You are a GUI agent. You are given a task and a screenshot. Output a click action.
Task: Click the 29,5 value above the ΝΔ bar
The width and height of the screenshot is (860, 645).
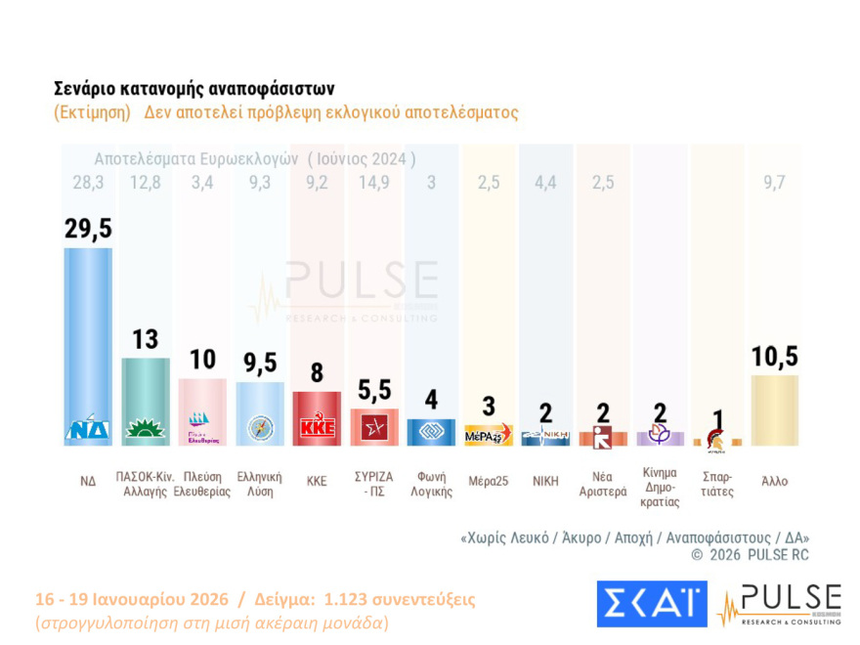pyautogui.click(x=88, y=228)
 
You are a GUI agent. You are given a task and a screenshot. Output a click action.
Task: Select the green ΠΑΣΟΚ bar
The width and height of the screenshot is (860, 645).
pyautogui.click(x=145, y=401)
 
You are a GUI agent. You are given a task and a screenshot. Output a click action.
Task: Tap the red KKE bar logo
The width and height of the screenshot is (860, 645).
pyautogui.click(x=317, y=428)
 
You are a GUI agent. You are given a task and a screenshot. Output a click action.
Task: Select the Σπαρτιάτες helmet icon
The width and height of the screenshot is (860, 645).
pyautogui.click(x=716, y=438)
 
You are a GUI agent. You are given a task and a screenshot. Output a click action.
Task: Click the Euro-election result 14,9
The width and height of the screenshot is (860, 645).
pyautogui.click(x=373, y=183)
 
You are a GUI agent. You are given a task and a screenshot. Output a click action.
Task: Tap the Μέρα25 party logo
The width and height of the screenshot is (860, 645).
pyautogui.click(x=489, y=434)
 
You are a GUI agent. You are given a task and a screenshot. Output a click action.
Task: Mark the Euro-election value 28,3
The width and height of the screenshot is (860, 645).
pyautogui.click(x=88, y=183)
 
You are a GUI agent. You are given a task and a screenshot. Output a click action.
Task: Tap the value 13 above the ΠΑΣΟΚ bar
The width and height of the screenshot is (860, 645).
pyautogui.click(x=145, y=339)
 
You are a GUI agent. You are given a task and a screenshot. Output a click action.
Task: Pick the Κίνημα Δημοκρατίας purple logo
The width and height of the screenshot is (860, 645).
pyautogui.click(x=660, y=435)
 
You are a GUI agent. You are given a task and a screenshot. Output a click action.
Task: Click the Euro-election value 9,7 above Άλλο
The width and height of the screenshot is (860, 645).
pyautogui.click(x=774, y=183)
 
